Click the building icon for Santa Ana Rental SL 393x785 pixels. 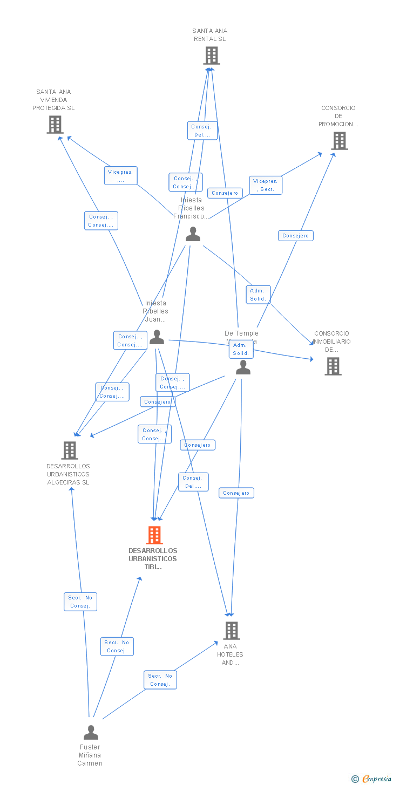(211, 56)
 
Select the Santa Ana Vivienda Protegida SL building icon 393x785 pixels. (55, 125)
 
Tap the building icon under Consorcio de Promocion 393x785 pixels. (339, 141)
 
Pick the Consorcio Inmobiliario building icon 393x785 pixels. (333, 366)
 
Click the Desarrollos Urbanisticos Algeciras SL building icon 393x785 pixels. (69, 450)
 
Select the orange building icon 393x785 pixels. (154, 535)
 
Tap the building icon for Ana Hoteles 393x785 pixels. (231, 630)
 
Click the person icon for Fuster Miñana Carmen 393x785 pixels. (91, 733)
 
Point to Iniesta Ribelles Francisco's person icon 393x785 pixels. (193, 234)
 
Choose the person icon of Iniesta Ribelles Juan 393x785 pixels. (157, 337)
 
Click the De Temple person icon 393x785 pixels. (243, 367)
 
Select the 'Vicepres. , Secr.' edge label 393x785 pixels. (266, 185)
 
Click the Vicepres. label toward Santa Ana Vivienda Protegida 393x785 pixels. (121, 176)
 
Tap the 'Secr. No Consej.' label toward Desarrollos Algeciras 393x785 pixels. (80, 602)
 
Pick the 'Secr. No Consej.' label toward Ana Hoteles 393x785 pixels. (160, 680)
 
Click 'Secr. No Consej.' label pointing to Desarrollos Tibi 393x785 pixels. (117, 646)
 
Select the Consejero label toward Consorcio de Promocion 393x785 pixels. (296, 236)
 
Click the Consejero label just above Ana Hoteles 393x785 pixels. (236, 493)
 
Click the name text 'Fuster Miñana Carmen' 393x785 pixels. (90, 755)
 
